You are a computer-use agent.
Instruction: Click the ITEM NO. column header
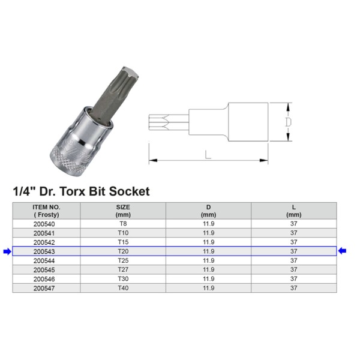46,210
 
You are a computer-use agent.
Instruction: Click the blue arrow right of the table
343,251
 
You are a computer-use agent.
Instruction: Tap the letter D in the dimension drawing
288,122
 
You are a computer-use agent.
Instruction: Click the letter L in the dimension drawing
208,155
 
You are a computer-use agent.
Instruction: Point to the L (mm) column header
293,210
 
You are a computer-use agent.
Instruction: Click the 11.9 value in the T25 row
208,261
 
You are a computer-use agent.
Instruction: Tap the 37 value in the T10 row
293,233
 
